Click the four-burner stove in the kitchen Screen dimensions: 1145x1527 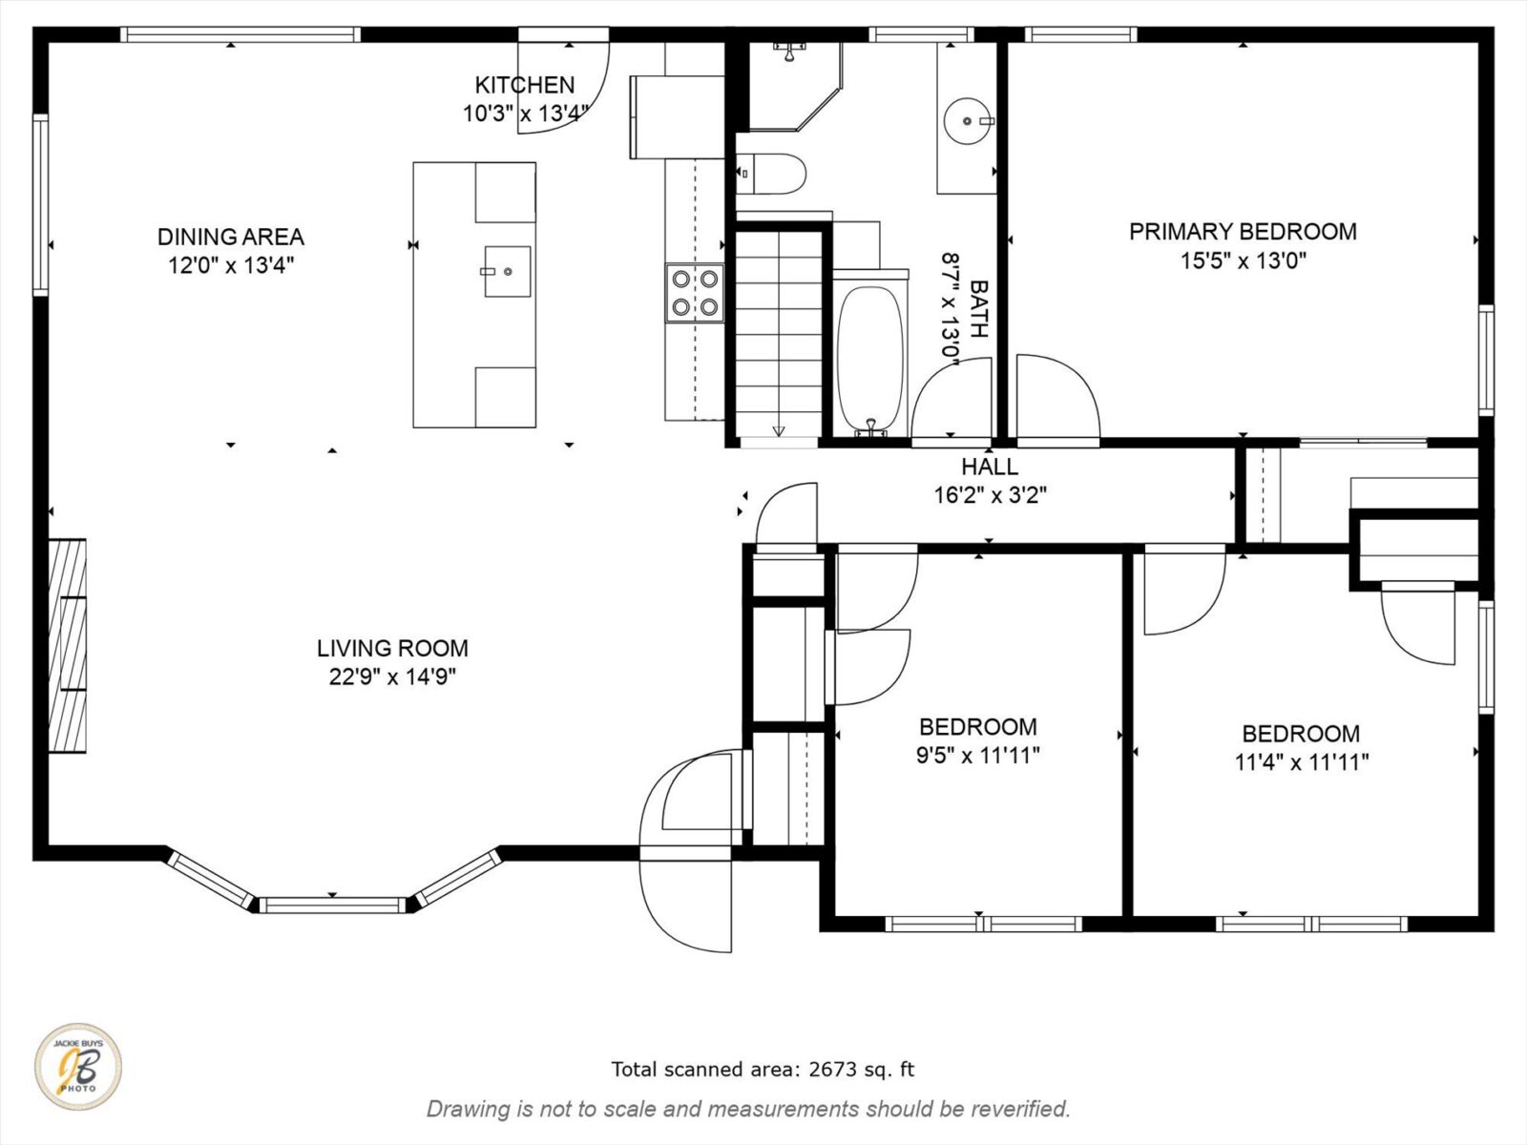(x=694, y=293)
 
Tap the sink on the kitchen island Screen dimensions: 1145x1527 (x=507, y=271)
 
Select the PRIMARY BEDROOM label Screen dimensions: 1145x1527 (x=1243, y=232)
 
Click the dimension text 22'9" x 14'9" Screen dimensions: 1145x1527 (x=392, y=677)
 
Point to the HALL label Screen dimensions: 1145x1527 (x=989, y=467)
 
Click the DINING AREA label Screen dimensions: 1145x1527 (x=230, y=237)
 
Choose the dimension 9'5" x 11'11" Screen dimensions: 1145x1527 (x=977, y=756)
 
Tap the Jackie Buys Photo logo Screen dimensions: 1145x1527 (x=78, y=1068)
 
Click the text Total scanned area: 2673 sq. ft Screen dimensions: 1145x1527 (x=763, y=1070)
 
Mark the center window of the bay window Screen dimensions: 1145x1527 (x=332, y=904)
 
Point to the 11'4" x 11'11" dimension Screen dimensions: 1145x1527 (x=1301, y=762)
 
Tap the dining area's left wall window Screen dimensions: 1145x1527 (x=40, y=204)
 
